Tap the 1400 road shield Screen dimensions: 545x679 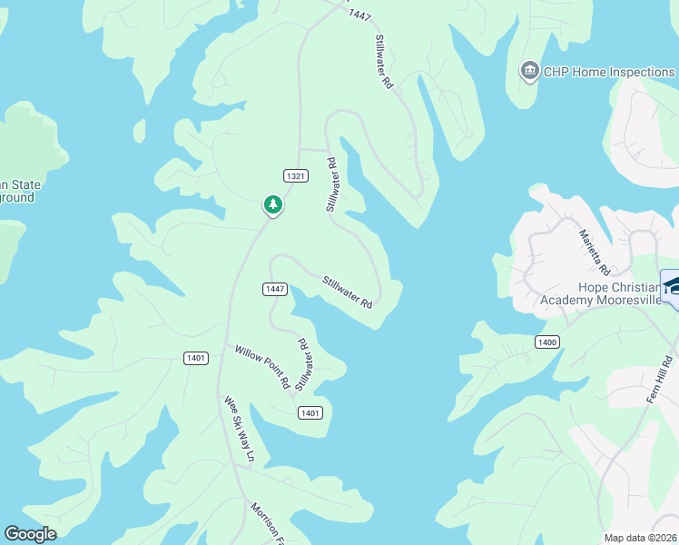(x=546, y=342)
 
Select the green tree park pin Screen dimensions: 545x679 (x=272, y=205)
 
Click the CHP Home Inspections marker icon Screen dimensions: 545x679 (x=529, y=71)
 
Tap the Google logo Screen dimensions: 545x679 (x=30, y=534)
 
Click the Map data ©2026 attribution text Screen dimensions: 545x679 (x=640, y=538)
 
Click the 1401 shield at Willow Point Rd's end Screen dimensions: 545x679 (x=309, y=413)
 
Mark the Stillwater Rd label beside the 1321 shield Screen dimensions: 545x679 (x=331, y=185)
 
